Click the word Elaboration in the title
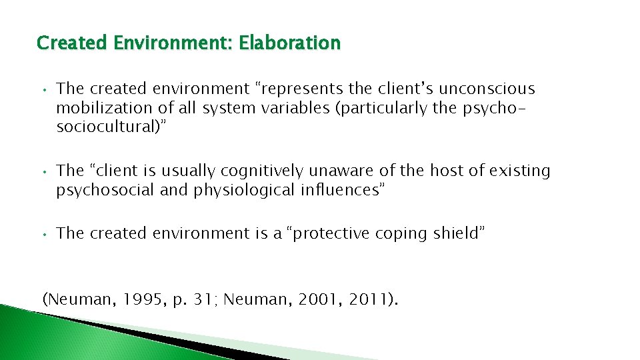(290, 43)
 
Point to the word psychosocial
(106, 191)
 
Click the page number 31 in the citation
(200, 299)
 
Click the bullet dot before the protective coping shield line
(42, 234)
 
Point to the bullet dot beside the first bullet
(42, 89)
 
